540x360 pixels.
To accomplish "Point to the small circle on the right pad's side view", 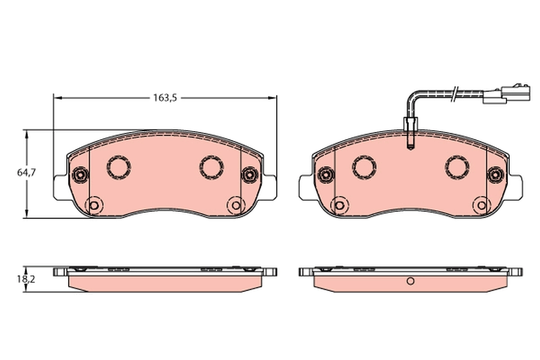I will click(x=409, y=281).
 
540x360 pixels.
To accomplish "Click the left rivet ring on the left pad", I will click(x=80, y=174).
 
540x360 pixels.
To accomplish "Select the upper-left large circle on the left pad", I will click(x=119, y=167).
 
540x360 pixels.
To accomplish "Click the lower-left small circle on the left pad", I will click(x=94, y=206).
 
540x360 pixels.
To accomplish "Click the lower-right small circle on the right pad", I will click(x=481, y=206).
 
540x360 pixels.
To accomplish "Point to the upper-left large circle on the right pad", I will click(x=364, y=167).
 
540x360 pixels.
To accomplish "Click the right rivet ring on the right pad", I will click(x=495, y=174).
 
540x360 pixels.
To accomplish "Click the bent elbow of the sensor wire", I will click(x=412, y=95).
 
